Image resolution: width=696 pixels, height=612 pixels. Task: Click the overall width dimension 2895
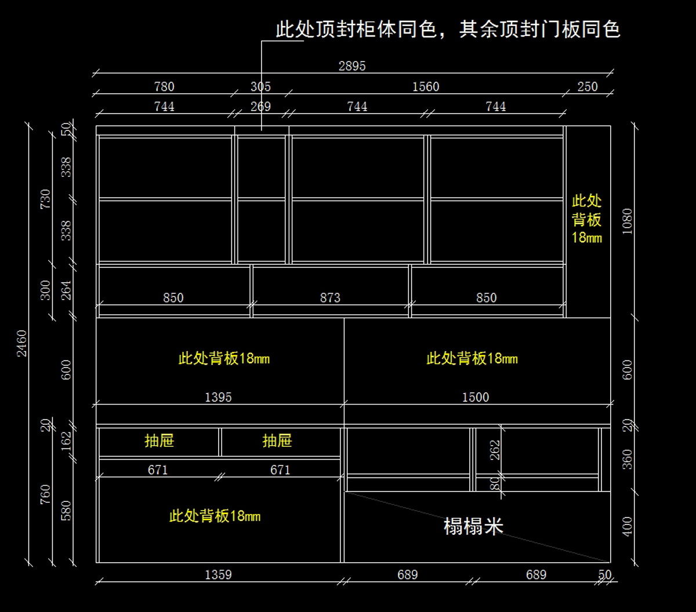pyautogui.click(x=352, y=66)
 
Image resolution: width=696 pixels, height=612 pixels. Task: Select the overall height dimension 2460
pyautogui.click(x=21, y=343)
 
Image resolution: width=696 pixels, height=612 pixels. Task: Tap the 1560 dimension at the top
pyautogui.click(x=426, y=87)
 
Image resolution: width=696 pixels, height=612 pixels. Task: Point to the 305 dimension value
pyautogui.click(x=260, y=87)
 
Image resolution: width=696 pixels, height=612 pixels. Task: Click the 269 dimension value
pyautogui.click(x=260, y=107)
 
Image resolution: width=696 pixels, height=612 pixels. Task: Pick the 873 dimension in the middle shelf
pyautogui.click(x=330, y=298)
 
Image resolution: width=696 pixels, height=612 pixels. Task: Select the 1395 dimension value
pyautogui.click(x=218, y=398)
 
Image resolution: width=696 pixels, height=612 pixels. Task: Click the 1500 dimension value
pyautogui.click(x=475, y=398)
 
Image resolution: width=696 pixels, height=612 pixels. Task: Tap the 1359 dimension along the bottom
pyautogui.click(x=218, y=575)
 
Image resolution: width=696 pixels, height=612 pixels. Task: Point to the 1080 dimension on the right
pyautogui.click(x=627, y=221)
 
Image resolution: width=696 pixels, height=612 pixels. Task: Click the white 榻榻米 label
pyautogui.click(x=473, y=526)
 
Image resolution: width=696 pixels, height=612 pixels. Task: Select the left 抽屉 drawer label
pyautogui.click(x=159, y=441)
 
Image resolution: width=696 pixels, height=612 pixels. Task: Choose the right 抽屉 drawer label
pyautogui.click(x=277, y=441)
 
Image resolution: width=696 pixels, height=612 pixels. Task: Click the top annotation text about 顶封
pyautogui.click(x=448, y=30)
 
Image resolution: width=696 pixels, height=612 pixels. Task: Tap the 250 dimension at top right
pyautogui.click(x=587, y=87)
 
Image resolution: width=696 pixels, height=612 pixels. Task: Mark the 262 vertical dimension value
pyautogui.click(x=495, y=450)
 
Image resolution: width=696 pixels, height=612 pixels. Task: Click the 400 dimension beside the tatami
pyautogui.click(x=627, y=526)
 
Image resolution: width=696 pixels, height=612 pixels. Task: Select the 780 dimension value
pyautogui.click(x=164, y=87)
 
